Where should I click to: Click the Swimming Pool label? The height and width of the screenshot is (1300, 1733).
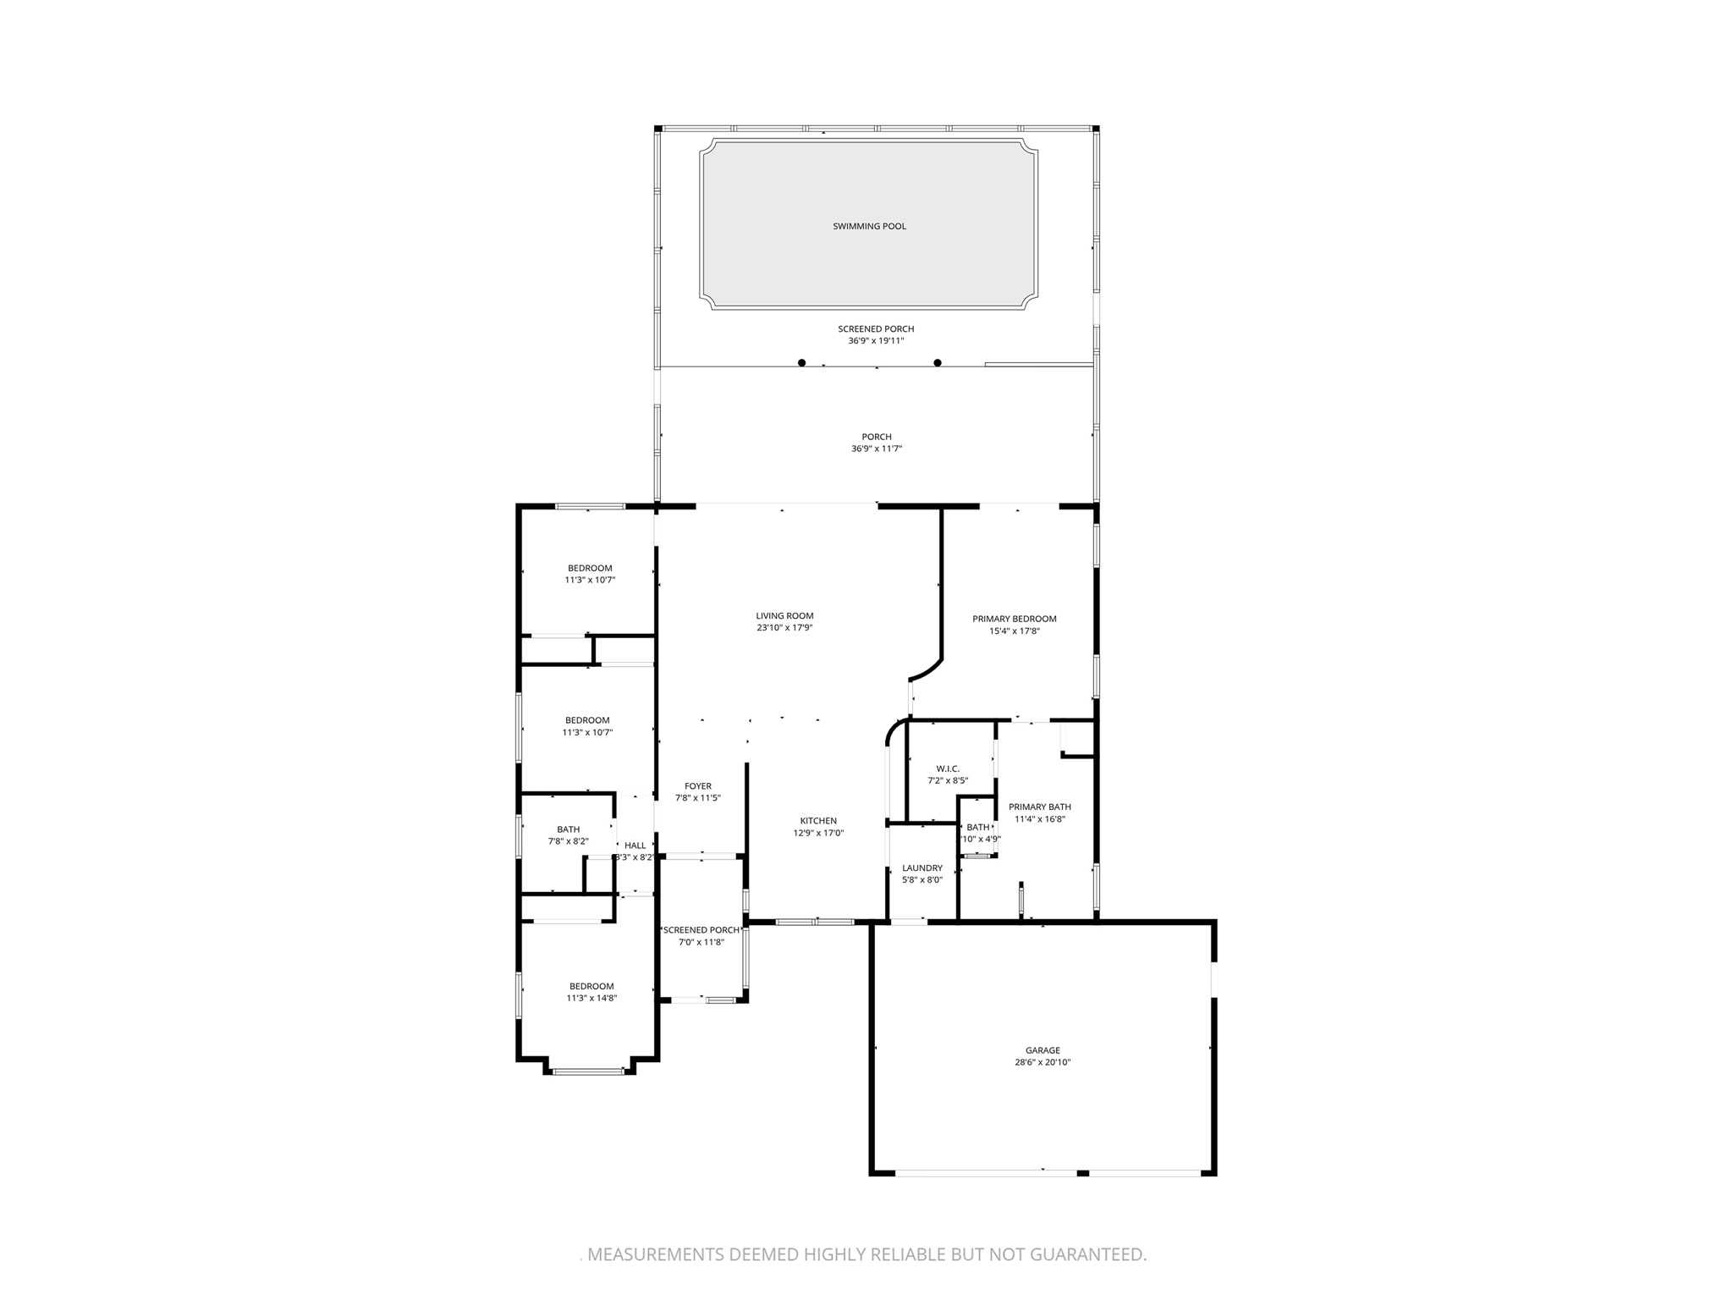click(x=869, y=226)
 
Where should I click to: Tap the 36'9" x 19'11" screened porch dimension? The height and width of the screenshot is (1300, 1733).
click(x=876, y=341)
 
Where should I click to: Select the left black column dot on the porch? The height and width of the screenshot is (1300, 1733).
click(x=801, y=363)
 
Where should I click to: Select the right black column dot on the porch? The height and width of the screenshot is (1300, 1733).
click(x=938, y=363)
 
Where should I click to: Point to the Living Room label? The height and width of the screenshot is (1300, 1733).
click(x=784, y=616)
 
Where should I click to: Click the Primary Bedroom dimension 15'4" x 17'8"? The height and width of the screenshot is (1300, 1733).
click(x=1014, y=631)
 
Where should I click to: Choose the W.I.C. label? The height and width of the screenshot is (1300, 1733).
click(x=948, y=768)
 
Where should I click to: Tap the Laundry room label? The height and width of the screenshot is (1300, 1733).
click(x=922, y=868)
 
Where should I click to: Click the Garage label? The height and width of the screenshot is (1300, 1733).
click(x=1043, y=1050)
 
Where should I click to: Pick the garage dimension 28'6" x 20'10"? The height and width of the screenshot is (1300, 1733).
click(x=1043, y=1062)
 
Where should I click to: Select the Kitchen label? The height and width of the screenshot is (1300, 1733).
click(x=818, y=820)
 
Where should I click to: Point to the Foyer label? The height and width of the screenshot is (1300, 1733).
click(x=698, y=786)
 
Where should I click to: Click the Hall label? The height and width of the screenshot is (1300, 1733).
click(x=635, y=846)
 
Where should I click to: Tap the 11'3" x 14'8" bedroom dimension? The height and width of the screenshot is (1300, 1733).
click(x=591, y=998)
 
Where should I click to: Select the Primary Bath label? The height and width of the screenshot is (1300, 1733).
click(x=1040, y=807)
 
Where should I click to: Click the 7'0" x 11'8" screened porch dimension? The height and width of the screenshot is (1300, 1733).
click(x=701, y=942)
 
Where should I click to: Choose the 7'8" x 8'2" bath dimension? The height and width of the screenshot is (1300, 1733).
click(x=569, y=841)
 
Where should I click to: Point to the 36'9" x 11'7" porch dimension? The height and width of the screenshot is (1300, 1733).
click(x=876, y=449)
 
